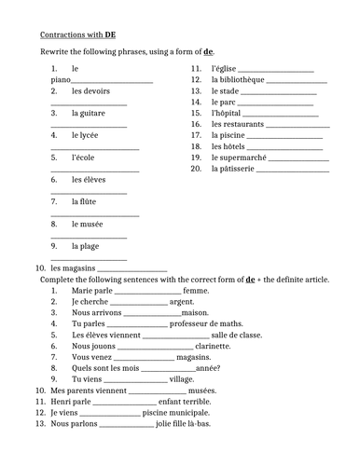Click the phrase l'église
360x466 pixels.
tap(225, 69)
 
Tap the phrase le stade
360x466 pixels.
tap(226, 91)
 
